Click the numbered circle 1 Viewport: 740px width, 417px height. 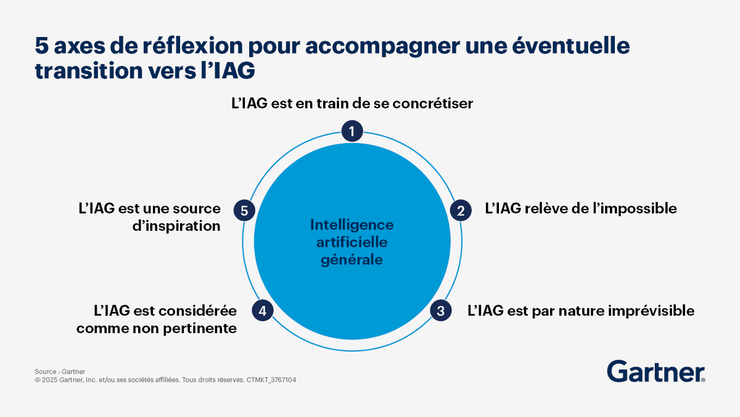pyautogui.click(x=352, y=131)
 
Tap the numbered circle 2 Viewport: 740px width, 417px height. pyautogui.click(x=460, y=210)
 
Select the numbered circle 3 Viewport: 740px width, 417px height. pyautogui.click(x=440, y=310)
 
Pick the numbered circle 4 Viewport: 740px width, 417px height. pyautogui.click(x=263, y=310)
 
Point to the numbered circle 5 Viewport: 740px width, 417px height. pyautogui.click(x=244, y=210)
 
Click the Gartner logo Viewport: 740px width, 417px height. pyautogui.click(x=656, y=371)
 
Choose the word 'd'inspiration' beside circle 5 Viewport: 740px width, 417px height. pyautogui.click(x=176, y=226)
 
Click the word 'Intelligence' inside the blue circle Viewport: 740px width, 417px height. pyautogui.click(x=352, y=225)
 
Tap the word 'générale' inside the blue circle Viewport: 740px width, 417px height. pyautogui.click(x=352, y=260)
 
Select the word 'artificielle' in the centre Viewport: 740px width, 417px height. pyautogui.click(x=352, y=242)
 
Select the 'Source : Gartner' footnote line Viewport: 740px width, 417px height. pyautogui.click(x=60, y=371)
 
